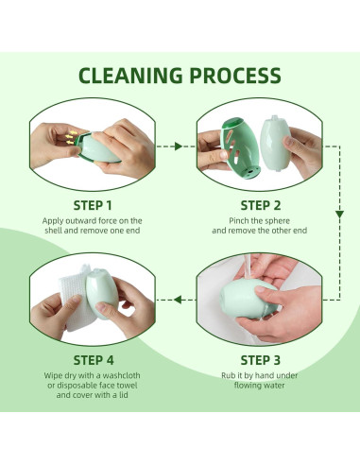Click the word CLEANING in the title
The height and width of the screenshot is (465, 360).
pyautogui.click(x=131, y=76)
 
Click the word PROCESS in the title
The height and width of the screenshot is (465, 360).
pyautogui.click(x=233, y=76)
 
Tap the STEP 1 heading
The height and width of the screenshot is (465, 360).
pyautogui.click(x=93, y=204)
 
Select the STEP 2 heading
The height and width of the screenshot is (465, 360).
pyautogui.click(x=261, y=204)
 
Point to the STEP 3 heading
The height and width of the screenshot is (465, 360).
pyautogui.click(x=261, y=359)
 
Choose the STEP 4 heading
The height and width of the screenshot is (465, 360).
pyautogui.click(x=93, y=359)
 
